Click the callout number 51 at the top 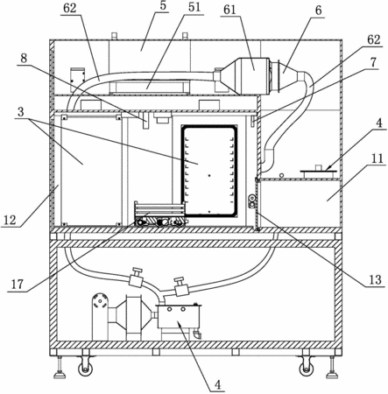point(194,7)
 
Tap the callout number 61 point(229,10)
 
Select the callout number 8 point(24,59)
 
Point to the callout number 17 point(18,284)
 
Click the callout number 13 point(375,279)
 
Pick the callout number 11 point(377,158)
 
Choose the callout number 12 point(10,220)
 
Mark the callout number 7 point(374,62)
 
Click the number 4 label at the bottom point(217,384)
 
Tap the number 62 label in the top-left point(69,8)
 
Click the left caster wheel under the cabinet point(85,369)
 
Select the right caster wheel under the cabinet point(307,369)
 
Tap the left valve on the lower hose point(136,278)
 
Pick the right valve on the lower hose point(180,287)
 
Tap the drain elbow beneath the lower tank point(197,334)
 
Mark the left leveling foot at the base point(60,366)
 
